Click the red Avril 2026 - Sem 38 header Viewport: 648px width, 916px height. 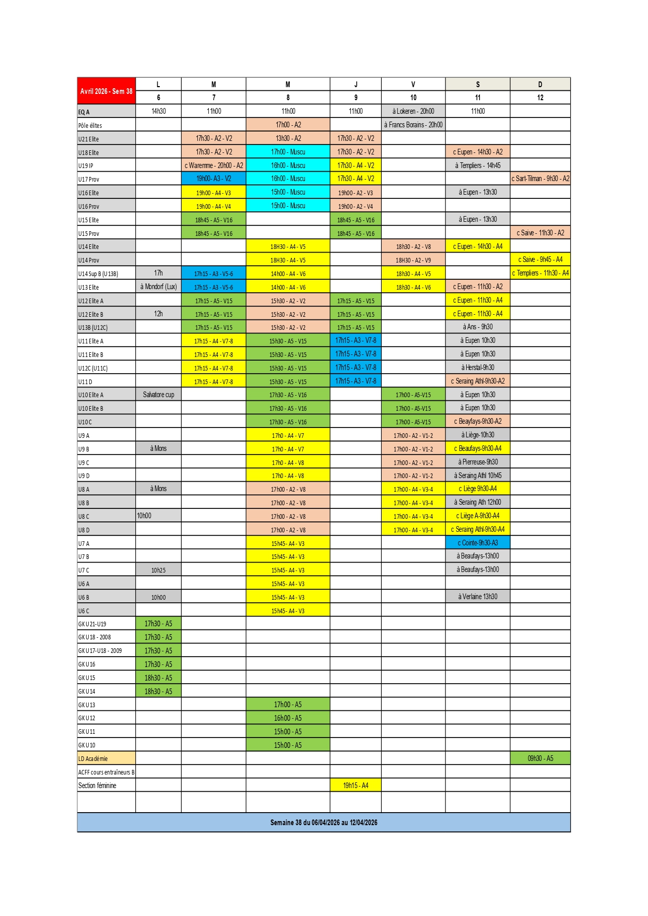(x=106, y=91)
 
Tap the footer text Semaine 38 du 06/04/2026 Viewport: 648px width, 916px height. (x=323, y=823)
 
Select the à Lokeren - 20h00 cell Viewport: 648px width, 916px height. (x=413, y=111)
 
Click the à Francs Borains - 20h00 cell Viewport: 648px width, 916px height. (x=413, y=125)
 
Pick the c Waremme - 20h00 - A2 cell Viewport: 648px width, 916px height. (x=214, y=165)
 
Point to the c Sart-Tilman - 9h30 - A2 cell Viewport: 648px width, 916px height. (x=540, y=179)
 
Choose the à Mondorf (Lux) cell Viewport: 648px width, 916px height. (x=158, y=287)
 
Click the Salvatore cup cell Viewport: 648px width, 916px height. (x=158, y=395)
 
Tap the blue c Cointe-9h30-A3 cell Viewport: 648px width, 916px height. (x=477, y=543)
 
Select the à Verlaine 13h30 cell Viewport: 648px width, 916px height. (x=477, y=597)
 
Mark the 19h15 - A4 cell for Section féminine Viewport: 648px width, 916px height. (x=356, y=785)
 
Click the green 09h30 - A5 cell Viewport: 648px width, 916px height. (x=540, y=758)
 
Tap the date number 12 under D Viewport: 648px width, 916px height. (x=540, y=98)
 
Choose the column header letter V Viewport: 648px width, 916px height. (x=413, y=85)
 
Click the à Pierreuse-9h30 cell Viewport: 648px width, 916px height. (x=477, y=462)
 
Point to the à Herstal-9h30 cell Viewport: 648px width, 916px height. (x=477, y=367)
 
